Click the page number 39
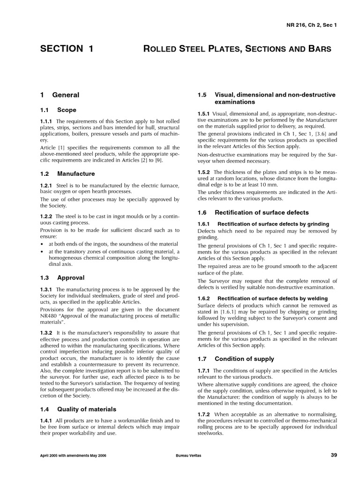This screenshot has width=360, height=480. pyautogui.click(x=333, y=455)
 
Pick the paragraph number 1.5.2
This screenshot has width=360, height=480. pyautogui.click(x=204, y=172)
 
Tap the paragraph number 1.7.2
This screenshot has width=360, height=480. pyautogui.click(x=204, y=414)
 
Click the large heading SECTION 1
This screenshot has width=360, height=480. pyautogui.click(x=67, y=49)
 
